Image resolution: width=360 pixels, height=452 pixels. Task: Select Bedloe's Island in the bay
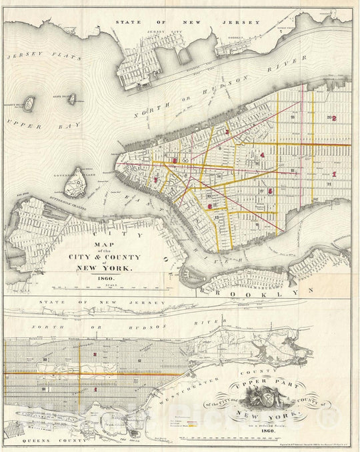pyautogui.click(x=29, y=103)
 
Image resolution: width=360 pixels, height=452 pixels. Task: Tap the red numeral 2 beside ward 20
pyautogui.click(x=335, y=119)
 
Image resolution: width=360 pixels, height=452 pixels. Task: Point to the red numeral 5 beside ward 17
pyautogui.click(x=270, y=191)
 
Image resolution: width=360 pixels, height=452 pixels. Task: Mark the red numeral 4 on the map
pyautogui.click(x=263, y=155)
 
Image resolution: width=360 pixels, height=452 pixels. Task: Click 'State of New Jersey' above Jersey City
pyautogui.click(x=187, y=23)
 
